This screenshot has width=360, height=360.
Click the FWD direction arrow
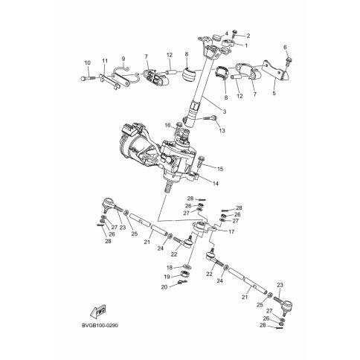(x=98, y=311)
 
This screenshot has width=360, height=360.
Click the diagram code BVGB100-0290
(x=100, y=325)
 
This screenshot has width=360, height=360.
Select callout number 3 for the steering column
(x=225, y=112)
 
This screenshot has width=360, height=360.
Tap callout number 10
(x=88, y=62)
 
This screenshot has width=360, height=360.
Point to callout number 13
(x=222, y=130)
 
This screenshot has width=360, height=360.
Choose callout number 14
(x=216, y=184)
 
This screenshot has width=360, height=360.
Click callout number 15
(x=220, y=169)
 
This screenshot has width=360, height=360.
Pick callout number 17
(x=231, y=232)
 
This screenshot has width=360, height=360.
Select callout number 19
(x=170, y=277)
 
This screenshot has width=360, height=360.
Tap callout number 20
(x=164, y=287)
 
